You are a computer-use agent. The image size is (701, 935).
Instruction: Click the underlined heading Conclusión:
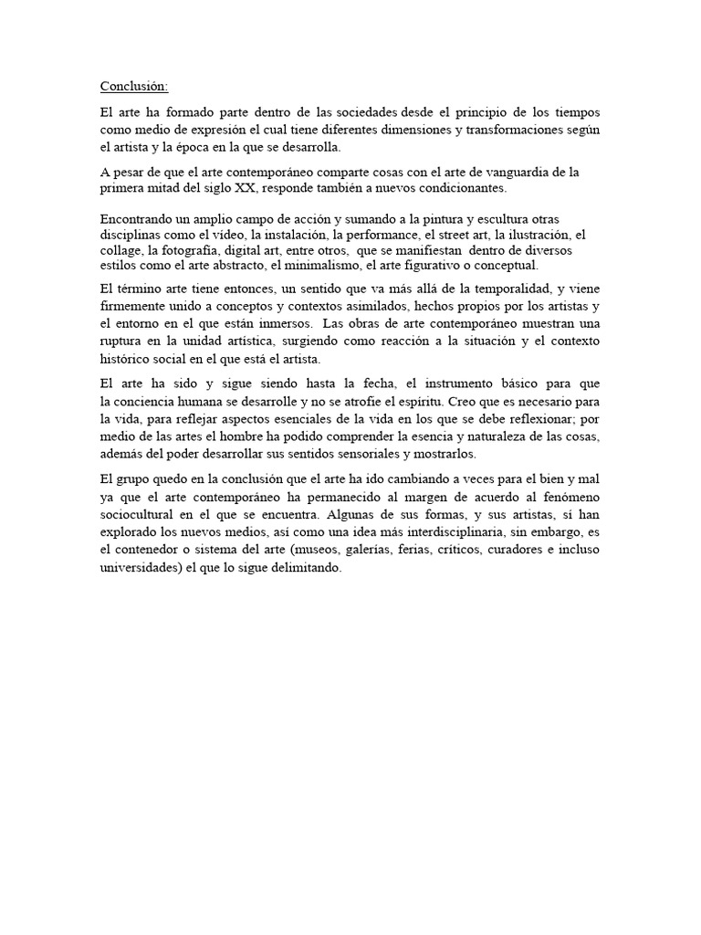tap(134, 87)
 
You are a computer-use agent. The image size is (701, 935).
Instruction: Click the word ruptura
tap(123, 341)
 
